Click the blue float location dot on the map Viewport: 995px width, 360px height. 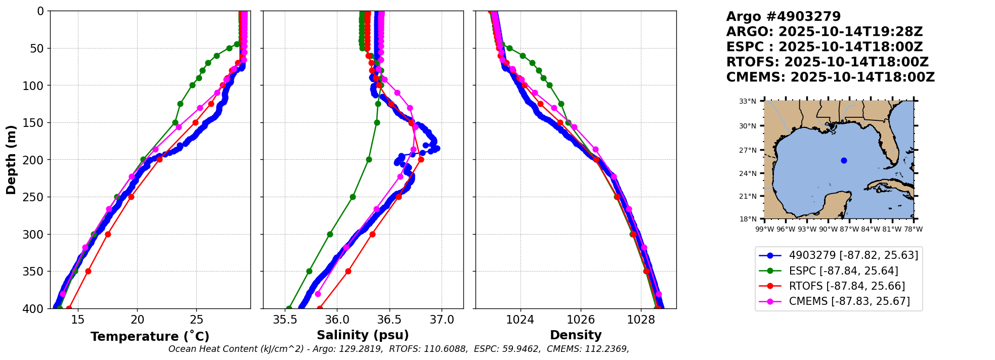[844, 160]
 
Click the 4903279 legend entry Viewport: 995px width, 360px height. [839, 255]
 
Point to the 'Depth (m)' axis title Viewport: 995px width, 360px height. [11, 160]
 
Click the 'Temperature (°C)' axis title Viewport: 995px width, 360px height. [150, 337]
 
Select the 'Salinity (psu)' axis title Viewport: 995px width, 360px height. [363, 335]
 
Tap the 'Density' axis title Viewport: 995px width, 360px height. [576, 335]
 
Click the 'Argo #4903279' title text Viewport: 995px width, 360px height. [783, 17]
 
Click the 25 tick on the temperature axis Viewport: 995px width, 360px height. [197, 320]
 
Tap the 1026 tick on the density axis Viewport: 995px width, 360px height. [580, 320]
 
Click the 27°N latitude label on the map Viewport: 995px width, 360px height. [748, 150]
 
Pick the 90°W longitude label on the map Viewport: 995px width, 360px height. [828, 229]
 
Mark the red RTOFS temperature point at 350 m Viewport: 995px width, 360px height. [88, 272]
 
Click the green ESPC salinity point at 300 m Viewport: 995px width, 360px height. [330, 234]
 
